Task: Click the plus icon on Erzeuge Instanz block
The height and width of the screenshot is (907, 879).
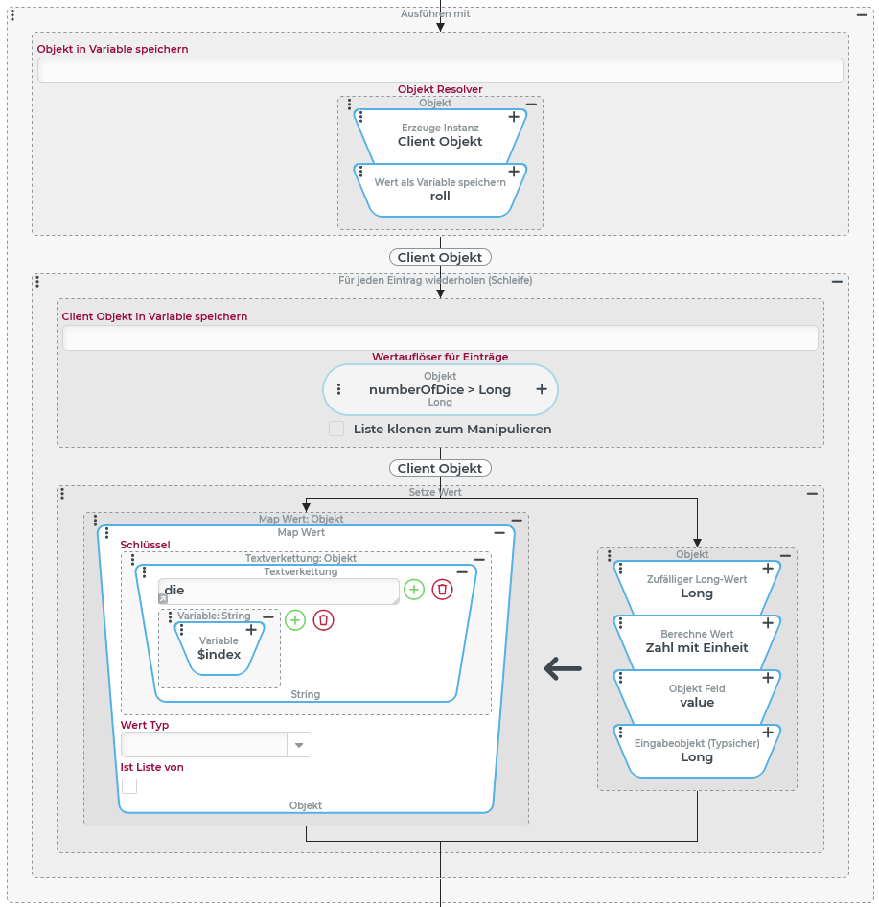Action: point(514,117)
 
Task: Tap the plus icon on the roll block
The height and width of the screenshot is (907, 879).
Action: point(514,172)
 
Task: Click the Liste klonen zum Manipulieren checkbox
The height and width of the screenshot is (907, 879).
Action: point(336,429)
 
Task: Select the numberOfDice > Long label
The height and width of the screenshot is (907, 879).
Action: point(440,390)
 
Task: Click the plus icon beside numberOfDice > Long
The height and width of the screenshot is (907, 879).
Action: point(542,389)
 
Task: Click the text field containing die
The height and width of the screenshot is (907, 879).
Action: point(278,591)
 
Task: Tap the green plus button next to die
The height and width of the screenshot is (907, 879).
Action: point(414,590)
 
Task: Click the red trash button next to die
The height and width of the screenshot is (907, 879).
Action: point(442,590)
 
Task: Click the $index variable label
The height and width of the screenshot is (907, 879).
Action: point(219,654)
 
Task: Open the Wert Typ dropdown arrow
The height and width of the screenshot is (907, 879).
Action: point(299,745)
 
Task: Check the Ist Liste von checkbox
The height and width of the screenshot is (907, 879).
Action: point(129,786)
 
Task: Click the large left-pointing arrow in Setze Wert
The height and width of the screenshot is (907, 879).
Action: point(563,668)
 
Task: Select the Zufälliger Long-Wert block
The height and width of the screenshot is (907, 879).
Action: point(697,587)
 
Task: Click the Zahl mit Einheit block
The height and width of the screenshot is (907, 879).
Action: point(697,641)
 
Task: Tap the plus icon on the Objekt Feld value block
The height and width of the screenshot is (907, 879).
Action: point(768,678)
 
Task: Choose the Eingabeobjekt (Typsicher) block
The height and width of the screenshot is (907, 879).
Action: point(697,751)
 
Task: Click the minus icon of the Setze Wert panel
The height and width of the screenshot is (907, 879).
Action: point(812,493)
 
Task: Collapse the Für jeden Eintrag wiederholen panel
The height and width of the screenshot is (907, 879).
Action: point(837,282)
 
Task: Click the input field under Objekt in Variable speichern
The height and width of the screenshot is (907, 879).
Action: point(440,71)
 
